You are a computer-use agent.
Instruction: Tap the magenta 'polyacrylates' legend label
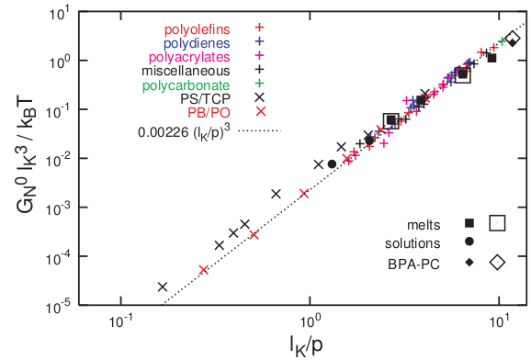click(194, 57)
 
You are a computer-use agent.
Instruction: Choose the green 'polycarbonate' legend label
click(191, 85)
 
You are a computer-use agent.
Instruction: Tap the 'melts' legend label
click(432, 223)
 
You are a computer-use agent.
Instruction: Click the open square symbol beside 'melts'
click(498, 222)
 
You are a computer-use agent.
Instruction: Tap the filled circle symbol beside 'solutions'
click(469, 242)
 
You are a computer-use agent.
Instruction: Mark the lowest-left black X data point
click(163, 287)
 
